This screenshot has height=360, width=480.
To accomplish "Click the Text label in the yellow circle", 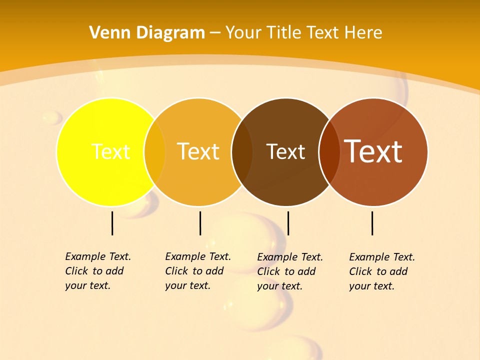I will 110,151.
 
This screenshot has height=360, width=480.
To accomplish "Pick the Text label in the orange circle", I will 198,151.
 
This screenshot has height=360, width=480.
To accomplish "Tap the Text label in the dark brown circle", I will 285,151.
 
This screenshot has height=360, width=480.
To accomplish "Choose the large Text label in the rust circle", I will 373,151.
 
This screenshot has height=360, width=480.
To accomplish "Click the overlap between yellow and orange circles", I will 154,152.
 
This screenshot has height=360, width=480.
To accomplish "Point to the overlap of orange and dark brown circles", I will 242,152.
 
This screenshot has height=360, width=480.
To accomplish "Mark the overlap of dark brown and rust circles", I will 329,152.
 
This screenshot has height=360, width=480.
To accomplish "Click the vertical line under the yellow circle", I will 112,223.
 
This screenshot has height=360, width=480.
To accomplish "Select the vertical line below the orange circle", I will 200,223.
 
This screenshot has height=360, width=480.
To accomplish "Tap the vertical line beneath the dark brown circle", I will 288,223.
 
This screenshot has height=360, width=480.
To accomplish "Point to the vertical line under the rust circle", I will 372,223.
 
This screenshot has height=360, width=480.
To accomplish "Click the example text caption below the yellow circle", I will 97,271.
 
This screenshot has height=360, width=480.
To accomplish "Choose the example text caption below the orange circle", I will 197,271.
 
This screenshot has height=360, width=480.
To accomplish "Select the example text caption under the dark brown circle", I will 290,271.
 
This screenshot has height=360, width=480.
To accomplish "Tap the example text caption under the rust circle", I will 382,271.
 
